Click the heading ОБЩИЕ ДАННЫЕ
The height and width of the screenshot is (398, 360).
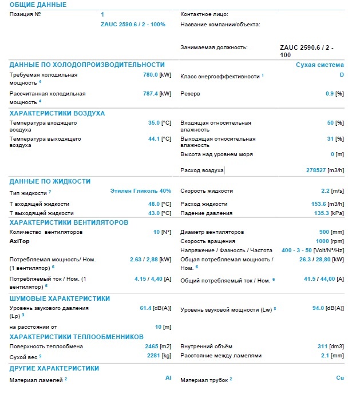click(x=38, y=5)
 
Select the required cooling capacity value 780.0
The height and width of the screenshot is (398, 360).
click(x=151, y=75)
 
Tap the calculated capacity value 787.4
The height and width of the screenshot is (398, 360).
click(x=151, y=93)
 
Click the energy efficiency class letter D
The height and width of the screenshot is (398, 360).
click(x=341, y=75)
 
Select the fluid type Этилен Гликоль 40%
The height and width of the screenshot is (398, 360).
click(x=140, y=190)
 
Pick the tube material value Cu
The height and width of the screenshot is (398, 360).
click(x=340, y=378)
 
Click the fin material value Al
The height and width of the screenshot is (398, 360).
click(x=168, y=378)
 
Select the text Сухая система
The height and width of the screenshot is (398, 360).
click(x=319, y=65)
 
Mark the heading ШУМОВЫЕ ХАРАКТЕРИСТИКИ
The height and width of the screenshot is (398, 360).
click(x=60, y=298)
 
